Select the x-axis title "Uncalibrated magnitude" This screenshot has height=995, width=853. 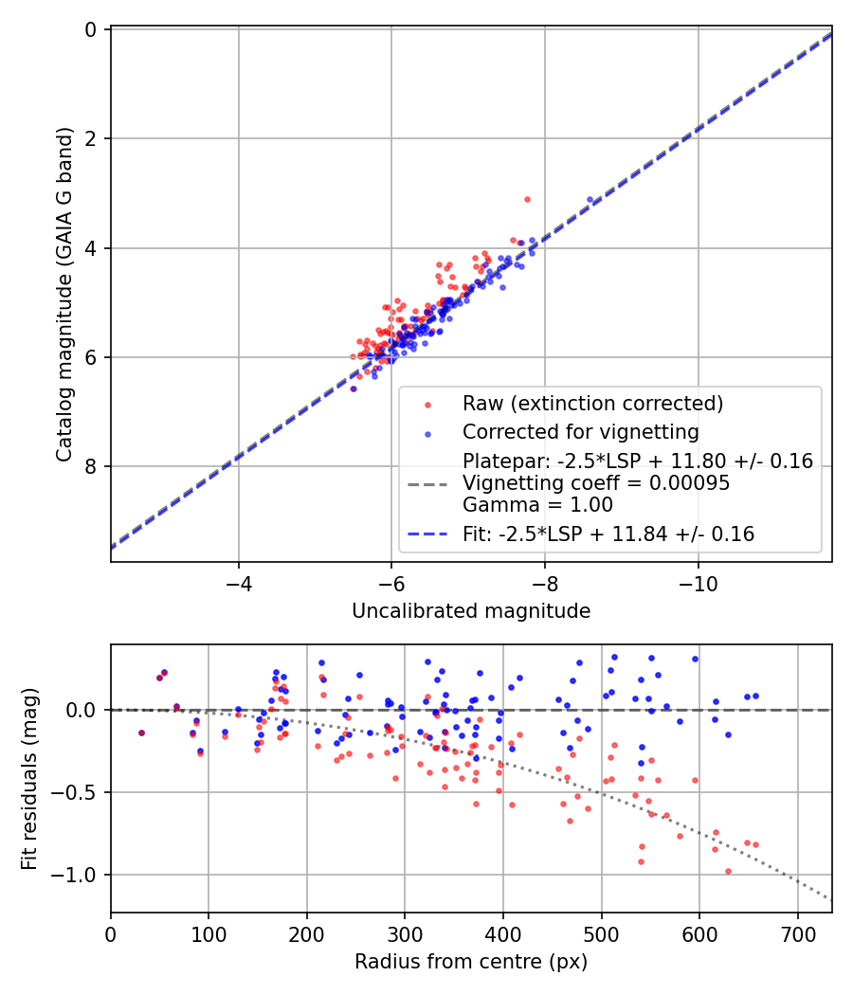click(x=471, y=611)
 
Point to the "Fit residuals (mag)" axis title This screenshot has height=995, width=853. click(x=29, y=778)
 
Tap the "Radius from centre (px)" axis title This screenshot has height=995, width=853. click(x=471, y=962)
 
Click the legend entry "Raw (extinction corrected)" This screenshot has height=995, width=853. click(x=592, y=404)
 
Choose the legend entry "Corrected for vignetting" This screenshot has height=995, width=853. click(x=580, y=433)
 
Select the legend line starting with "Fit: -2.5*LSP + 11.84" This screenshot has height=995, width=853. click(x=608, y=534)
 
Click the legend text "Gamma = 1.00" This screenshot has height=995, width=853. click(x=537, y=505)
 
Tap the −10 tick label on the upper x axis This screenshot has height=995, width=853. click(x=698, y=580)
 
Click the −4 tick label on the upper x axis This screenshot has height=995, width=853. click(x=238, y=580)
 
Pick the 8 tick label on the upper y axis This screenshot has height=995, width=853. click(x=91, y=466)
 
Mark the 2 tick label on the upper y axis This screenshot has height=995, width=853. click(x=91, y=139)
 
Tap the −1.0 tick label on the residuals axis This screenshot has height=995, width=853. click(x=80, y=875)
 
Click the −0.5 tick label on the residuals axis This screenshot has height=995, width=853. click(x=80, y=792)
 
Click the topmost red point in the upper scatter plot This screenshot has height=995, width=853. click(x=527, y=199)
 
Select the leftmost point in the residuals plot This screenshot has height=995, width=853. click(x=141, y=733)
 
